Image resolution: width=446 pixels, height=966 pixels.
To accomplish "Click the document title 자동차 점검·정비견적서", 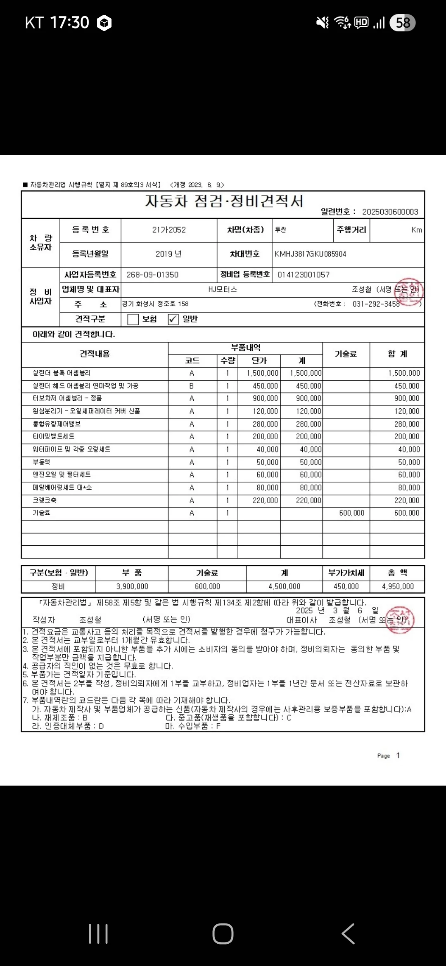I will click(224, 201).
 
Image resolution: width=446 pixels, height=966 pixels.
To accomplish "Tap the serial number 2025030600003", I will click(390, 212).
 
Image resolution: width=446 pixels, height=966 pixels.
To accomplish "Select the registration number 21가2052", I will click(169, 230).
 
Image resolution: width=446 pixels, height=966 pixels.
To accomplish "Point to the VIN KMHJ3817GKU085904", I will click(310, 254).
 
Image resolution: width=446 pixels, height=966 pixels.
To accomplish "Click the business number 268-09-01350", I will click(152, 275).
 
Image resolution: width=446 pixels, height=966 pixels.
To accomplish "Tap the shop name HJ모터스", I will click(222, 289).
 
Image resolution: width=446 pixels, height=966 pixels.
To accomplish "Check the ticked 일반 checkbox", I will click(173, 319).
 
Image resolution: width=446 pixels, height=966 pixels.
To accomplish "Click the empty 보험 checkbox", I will click(133, 319).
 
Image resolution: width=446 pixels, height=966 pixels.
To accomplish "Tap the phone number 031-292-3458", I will click(376, 304).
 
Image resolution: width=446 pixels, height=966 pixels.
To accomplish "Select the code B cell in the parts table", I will click(192, 386).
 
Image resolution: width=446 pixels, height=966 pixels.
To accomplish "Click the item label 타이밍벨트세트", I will click(54, 436).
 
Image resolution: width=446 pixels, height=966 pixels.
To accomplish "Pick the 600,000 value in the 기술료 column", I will click(351, 513).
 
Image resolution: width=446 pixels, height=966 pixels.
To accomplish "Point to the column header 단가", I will click(259, 360).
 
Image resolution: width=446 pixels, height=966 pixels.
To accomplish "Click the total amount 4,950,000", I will click(398, 586).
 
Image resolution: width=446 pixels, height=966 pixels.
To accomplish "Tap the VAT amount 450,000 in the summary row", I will click(346, 586).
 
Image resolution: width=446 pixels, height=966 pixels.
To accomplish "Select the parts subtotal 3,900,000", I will click(132, 586).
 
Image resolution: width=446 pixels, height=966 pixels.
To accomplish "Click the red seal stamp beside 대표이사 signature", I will click(399, 620).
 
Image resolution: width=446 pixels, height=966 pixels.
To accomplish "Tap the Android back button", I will click(348, 934).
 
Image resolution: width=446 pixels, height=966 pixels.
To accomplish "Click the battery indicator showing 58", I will click(403, 23).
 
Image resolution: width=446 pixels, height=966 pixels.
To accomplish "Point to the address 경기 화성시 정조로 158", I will click(155, 304).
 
